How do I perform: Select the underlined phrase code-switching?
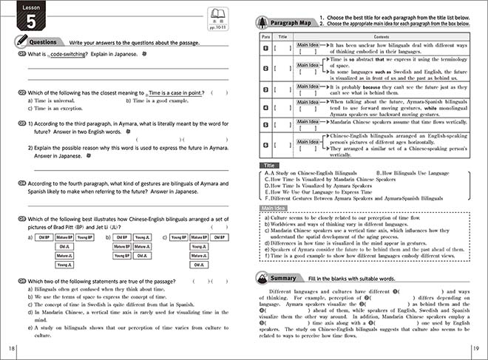coord(67,55)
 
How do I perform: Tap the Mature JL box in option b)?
coord(123,256)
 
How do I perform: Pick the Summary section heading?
coord(296,278)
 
